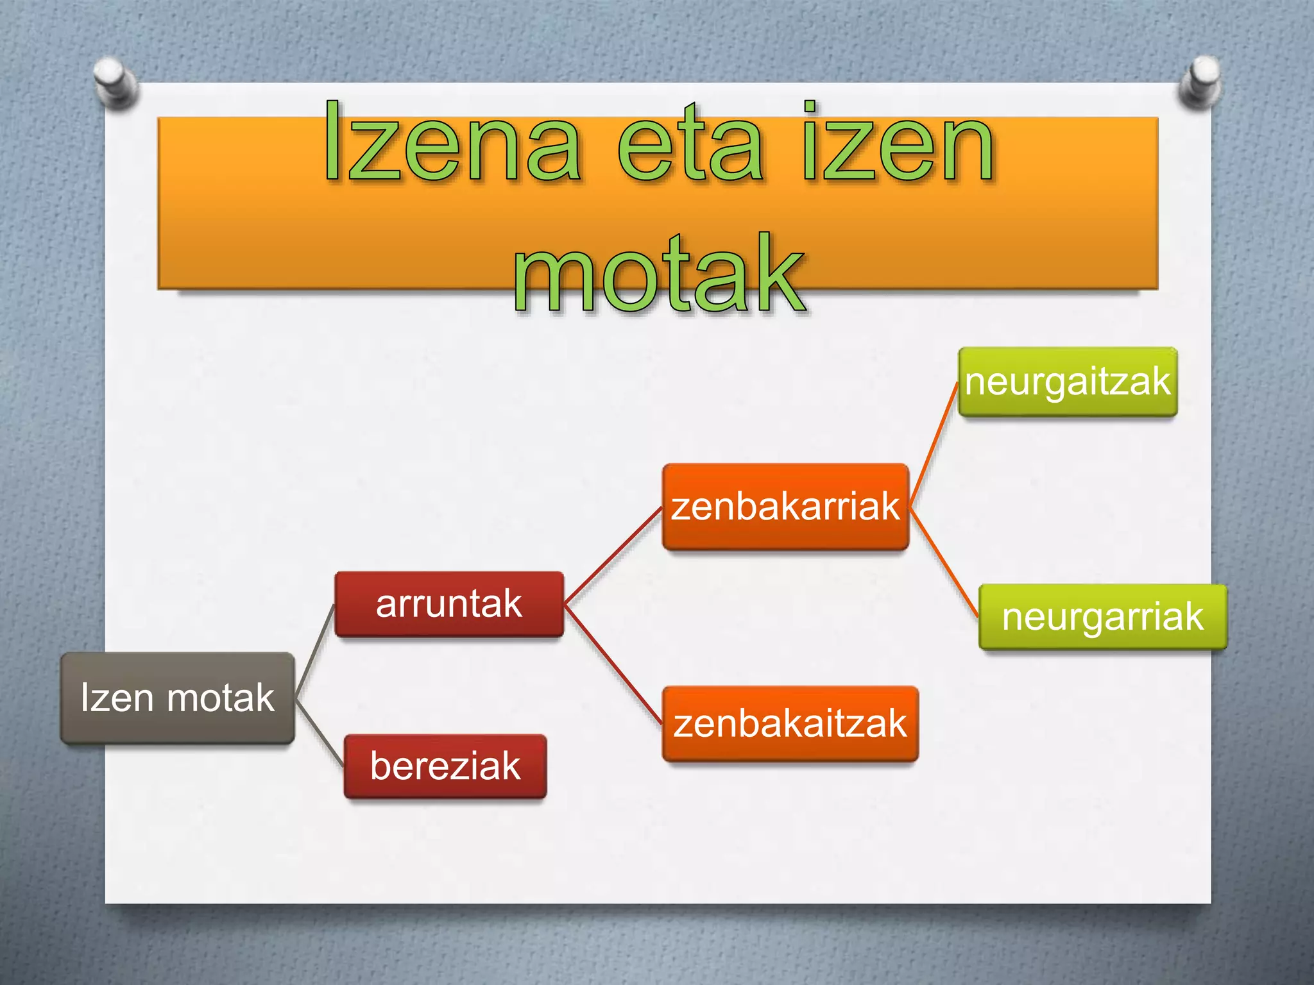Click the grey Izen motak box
(x=178, y=698)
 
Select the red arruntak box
(x=449, y=604)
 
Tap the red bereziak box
(x=445, y=766)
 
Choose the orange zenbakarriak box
(x=785, y=507)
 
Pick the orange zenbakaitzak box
(x=790, y=724)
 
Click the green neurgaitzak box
(x=1068, y=382)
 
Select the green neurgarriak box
(x=1102, y=617)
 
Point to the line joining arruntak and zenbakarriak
(x=613, y=555)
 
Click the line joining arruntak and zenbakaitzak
(x=613, y=664)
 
